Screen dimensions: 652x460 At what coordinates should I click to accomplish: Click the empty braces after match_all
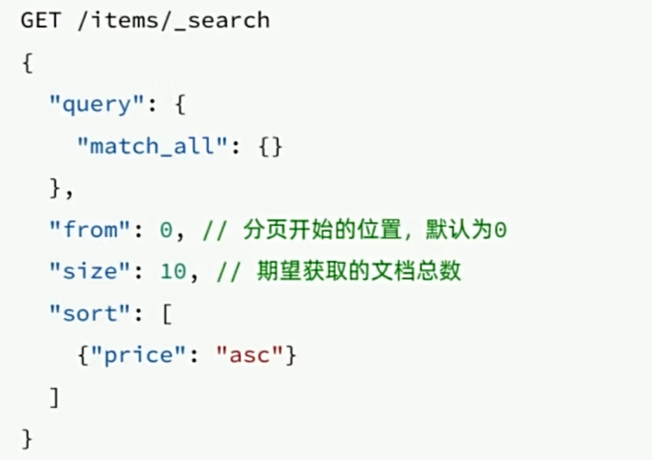tap(270, 147)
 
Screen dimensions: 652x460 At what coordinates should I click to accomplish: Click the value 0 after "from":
tap(166, 230)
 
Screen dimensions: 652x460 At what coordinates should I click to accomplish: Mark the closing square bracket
tap(55, 398)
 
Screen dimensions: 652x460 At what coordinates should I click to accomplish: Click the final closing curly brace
tap(27, 440)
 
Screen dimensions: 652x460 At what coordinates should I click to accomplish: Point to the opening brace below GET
tap(27, 63)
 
